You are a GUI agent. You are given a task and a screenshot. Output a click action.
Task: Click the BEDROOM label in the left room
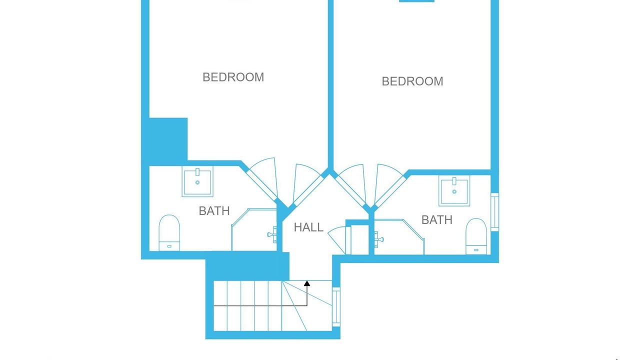click(233, 77)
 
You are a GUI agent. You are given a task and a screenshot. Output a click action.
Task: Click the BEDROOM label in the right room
click(412, 81)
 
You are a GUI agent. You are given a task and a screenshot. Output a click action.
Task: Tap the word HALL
click(308, 227)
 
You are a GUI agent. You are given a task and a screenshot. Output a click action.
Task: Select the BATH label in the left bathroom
click(214, 211)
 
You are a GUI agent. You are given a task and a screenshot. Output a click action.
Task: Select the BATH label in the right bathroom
click(437, 220)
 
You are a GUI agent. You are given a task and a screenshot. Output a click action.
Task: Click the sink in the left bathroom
click(197, 181)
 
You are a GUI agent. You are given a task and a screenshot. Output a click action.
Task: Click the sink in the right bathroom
click(454, 190)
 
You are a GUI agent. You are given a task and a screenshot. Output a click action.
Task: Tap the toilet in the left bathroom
click(169, 233)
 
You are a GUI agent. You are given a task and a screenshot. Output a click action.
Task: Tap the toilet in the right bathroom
click(476, 236)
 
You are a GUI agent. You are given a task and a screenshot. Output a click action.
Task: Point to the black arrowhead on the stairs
click(307, 283)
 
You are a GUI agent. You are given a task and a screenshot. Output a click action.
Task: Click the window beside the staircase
click(336, 307)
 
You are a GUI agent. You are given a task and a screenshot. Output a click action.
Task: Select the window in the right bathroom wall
click(495, 212)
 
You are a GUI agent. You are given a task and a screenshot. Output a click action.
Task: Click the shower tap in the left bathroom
click(272, 234)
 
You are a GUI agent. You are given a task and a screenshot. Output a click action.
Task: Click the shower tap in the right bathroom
click(379, 239)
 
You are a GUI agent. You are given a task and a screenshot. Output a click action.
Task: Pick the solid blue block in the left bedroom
click(168, 141)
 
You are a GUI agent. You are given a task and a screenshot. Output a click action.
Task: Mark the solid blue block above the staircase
click(247, 266)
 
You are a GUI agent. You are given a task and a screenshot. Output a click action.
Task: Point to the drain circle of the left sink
click(197, 182)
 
